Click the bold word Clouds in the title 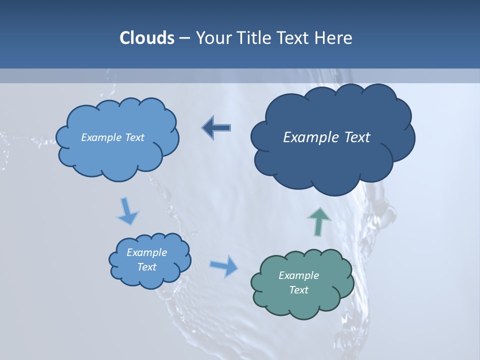coord(146,38)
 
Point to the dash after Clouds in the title coord(184,38)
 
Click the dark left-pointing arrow coord(216,127)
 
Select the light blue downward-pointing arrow coord(127,211)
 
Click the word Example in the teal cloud coord(298,275)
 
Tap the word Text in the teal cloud coord(298,290)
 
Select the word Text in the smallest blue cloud coord(147,267)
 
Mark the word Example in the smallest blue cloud coord(147,252)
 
